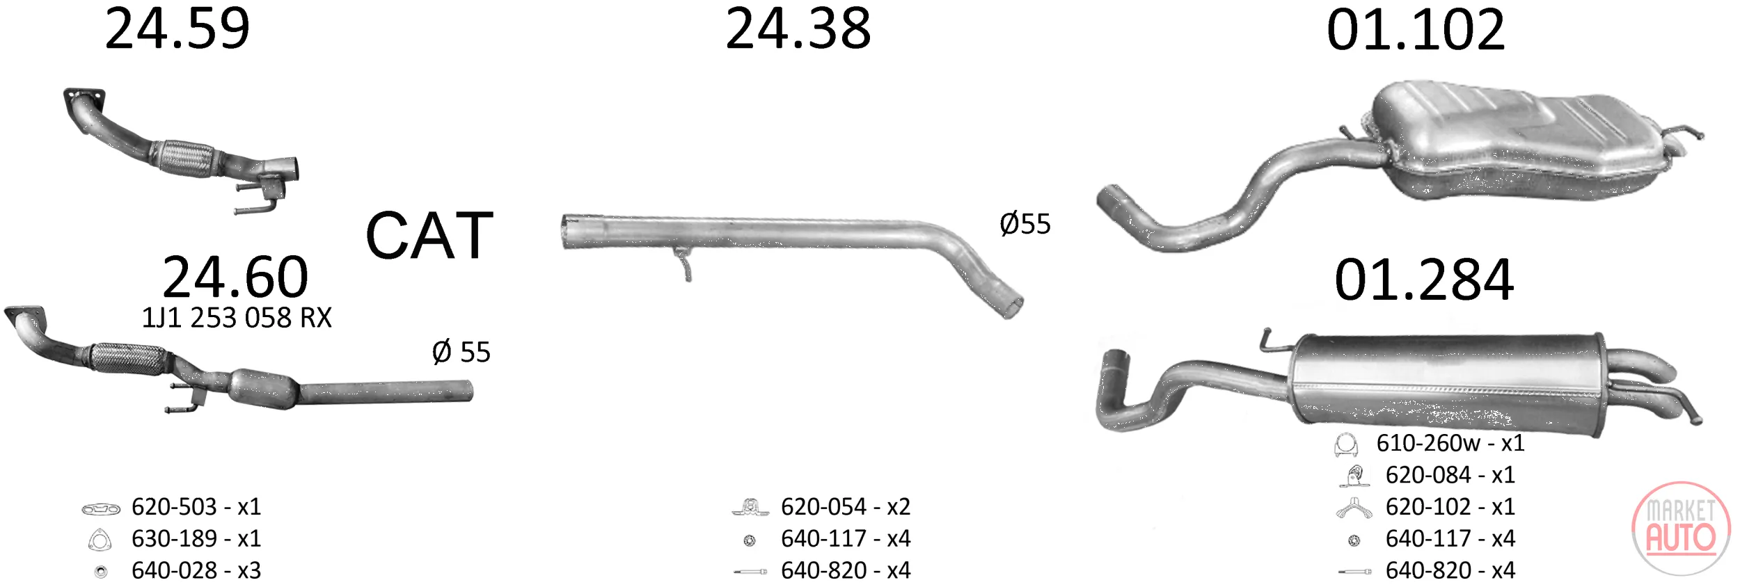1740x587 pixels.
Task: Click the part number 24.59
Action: (177, 29)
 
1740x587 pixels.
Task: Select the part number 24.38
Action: (798, 29)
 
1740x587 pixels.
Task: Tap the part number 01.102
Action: (1416, 31)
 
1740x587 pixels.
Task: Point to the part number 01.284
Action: (1424, 280)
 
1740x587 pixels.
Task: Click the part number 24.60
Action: (235, 277)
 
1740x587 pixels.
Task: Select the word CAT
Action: (429, 236)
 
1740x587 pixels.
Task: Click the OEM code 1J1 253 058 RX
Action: (237, 318)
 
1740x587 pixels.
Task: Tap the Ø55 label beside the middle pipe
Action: (1025, 224)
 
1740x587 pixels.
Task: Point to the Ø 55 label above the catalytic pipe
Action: (461, 352)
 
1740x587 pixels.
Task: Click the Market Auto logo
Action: (1681, 528)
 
